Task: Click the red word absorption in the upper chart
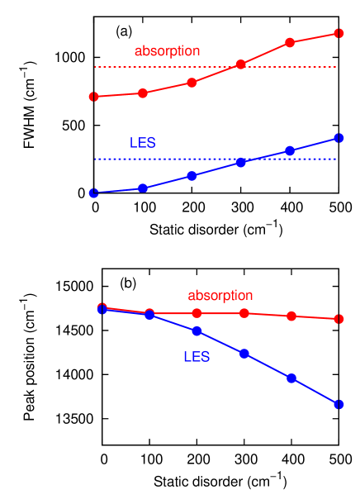click(167, 51)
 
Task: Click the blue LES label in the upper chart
click(143, 143)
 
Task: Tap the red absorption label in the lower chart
click(220, 295)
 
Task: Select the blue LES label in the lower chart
click(197, 357)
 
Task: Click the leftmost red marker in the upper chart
click(93, 97)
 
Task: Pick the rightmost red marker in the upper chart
click(339, 33)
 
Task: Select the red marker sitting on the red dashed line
click(240, 64)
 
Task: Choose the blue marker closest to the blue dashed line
click(240, 163)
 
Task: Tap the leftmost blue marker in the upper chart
click(93, 193)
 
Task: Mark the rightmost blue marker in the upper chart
click(339, 138)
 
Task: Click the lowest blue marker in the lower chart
click(339, 404)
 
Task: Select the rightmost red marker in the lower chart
click(339, 319)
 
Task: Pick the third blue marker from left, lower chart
click(197, 331)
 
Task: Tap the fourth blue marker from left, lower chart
click(244, 354)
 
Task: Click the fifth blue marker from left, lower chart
click(291, 378)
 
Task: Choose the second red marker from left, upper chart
click(143, 93)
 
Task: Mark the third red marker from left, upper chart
click(192, 83)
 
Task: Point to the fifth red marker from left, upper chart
click(290, 42)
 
